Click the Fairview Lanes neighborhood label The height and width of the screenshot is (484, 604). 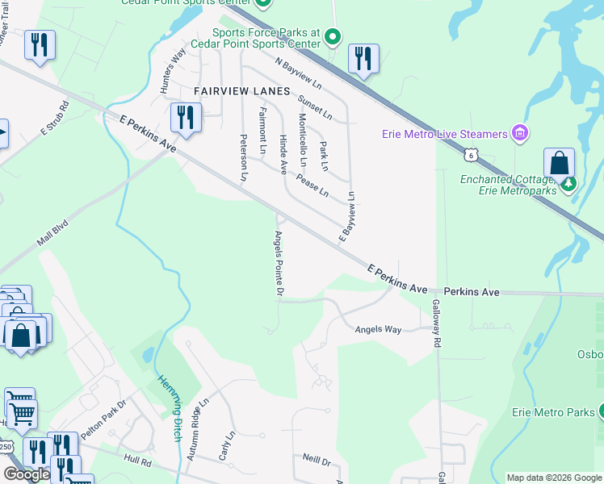pyautogui.click(x=241, y=92)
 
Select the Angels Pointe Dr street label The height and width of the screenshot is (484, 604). pyautogui.click(x=278, y=263)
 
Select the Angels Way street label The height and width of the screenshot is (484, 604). pyautogui.click(x=379, y=329)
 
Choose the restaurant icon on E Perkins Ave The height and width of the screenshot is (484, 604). pyautogui.click(x=187, y=118)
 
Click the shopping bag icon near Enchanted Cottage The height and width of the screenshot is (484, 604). pyautogui.click(x=559, y=163)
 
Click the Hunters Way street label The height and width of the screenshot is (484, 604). pyautogui.click(x=174, y=69)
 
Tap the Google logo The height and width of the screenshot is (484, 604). pyautogui.click(x=27, y=474)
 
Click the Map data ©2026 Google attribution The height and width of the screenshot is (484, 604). pyautogui.click(x=553, y=478)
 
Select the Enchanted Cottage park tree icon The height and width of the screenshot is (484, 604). pyautogui.click(x=569, y=185)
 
